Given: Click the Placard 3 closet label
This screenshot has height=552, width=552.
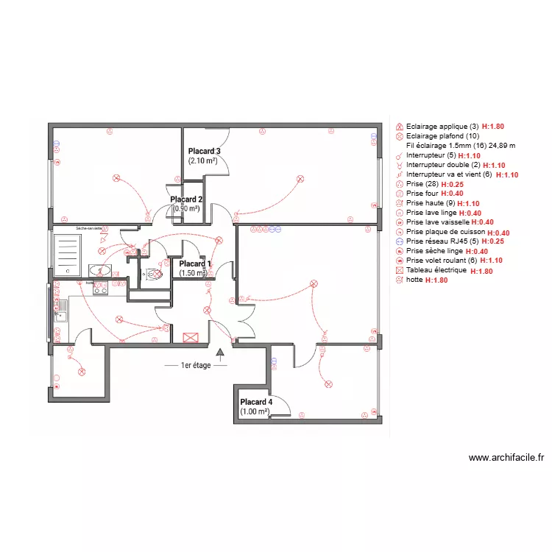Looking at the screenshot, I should (204, 151).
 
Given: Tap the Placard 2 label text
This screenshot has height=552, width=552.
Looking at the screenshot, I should (186, 199).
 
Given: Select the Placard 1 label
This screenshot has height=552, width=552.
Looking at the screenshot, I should (195, 263).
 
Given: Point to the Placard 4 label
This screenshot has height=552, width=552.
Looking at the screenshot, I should (255, 402).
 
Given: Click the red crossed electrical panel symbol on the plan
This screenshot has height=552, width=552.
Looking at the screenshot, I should (191, 337).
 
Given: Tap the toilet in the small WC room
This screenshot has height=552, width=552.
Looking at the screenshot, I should (154, 275).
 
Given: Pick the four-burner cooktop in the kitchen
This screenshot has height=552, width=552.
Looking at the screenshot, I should (101, 289).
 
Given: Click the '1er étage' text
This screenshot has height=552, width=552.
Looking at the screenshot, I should (195, 365).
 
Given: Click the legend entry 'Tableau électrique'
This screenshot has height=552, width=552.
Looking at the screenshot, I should (436, 270).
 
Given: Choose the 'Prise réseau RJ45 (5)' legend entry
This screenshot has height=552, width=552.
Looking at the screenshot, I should (441, 241).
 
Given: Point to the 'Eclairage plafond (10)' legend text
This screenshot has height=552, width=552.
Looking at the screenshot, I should (442, 136).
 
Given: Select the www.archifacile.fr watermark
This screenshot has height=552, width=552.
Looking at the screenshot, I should (506, 457).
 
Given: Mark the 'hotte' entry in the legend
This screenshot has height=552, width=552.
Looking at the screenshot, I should (414, 280).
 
